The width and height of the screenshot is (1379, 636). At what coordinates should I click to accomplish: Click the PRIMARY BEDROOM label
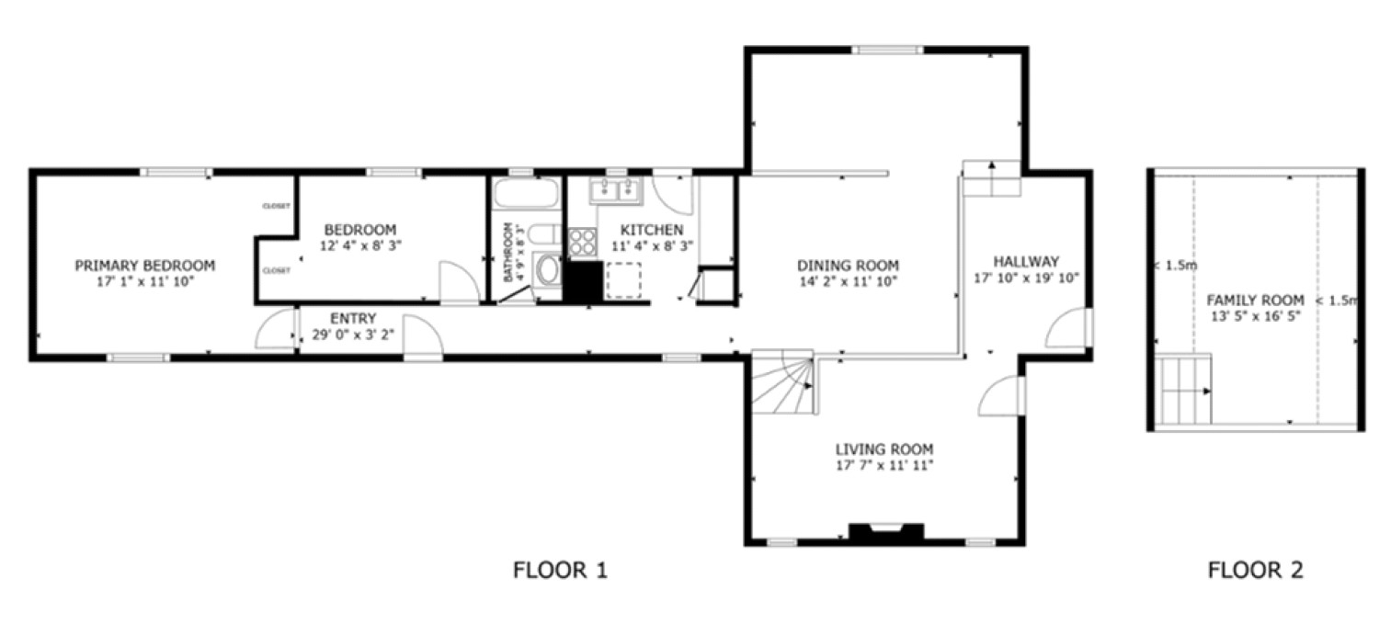[x=144, y=266]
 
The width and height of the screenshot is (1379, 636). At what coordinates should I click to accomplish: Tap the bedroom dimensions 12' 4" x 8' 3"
[x=360, y=245]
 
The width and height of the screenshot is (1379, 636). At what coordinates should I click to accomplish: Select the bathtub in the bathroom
[x=526, y=195]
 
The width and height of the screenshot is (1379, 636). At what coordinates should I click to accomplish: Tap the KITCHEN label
[x=652, y=230]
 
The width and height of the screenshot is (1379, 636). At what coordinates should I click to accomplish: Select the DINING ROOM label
[x=847, y=266]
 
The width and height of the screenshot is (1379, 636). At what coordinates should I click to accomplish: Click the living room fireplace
[x=886, y=534]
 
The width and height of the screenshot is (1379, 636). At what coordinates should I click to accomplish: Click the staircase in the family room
[x=1184, y=391]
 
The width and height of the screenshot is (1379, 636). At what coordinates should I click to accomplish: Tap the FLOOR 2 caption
[x=1255, y=571]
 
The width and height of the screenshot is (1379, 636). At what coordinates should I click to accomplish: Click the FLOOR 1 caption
[x=560, y=571]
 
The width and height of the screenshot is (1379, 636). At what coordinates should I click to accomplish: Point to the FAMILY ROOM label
[x=1255, y=301]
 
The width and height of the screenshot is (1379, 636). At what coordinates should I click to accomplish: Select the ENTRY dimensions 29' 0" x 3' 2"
[x=353, y=335]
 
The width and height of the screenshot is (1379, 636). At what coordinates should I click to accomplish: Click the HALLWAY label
[x=1025, y=261]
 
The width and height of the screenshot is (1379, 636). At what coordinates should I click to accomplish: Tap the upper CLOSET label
[x=277, y=206]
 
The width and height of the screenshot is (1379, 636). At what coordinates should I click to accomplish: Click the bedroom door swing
[x=457, y=284]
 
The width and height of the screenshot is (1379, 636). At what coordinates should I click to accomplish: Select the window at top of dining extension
[x=886, y=51]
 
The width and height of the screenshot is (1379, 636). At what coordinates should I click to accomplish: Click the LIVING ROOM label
[x=883, y=449]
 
